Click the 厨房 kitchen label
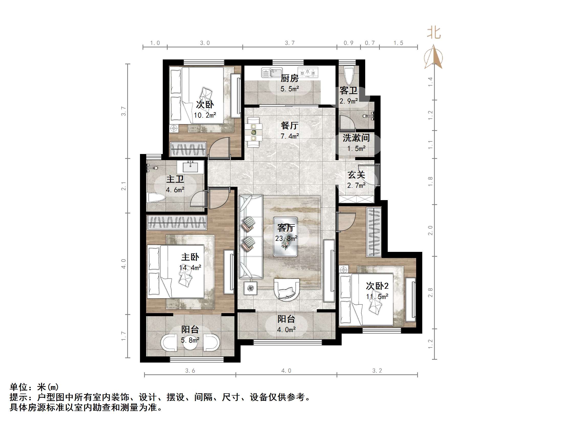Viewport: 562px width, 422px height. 289,78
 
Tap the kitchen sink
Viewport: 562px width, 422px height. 272,73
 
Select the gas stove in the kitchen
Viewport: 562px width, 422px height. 308,73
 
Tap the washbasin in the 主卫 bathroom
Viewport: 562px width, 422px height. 190,167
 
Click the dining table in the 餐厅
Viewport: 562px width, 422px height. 253,132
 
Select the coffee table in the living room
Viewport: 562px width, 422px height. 285,237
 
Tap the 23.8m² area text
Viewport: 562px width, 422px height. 286,239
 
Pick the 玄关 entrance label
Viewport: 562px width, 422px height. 356,175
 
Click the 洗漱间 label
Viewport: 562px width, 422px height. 356,138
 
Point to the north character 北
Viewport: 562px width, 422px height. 434,33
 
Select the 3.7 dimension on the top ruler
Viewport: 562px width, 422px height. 290,43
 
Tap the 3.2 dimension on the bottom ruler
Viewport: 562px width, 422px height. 377,370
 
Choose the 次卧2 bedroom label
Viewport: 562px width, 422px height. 377,286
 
